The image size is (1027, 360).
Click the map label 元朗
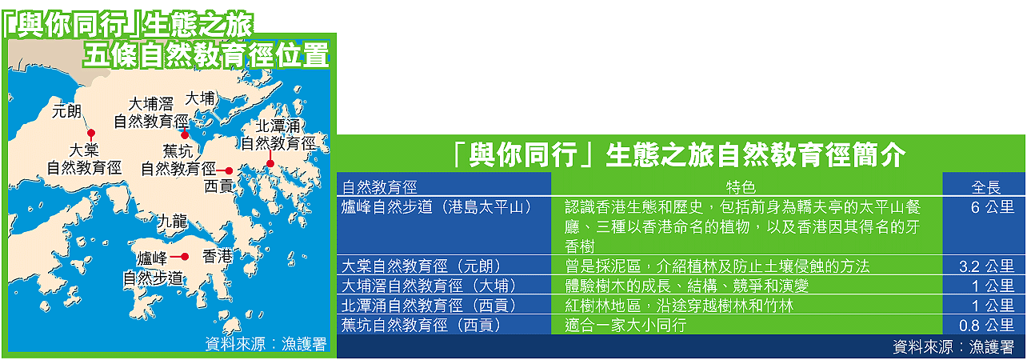click(66, 111)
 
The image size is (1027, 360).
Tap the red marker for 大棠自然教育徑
click(91, 134)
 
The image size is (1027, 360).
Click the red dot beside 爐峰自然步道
click(185, 257)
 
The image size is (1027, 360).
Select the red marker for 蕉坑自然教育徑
click(229, 171)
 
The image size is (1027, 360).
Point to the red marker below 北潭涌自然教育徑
click(270, 164)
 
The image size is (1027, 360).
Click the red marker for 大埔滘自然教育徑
click(185, 135)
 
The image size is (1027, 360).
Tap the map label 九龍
click(173, 222)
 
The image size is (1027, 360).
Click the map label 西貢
click(218, 186)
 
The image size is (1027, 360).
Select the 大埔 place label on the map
click(200, 98)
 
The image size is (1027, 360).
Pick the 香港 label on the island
click(218, 256)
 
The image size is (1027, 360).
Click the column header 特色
click(741, 187)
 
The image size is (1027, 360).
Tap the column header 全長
click(985, 187)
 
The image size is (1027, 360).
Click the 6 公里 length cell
click(992, 207)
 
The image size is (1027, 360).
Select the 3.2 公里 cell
click(986, 266)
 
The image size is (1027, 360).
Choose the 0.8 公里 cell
click(986, 326)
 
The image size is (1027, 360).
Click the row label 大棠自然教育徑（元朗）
click(422, 266)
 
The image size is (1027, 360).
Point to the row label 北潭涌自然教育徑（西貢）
click(430, 306)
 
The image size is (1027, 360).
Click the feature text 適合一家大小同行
click(625, 326)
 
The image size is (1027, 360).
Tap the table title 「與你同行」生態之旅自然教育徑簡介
click(678, 154)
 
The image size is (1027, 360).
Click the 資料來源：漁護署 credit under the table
click(953, 347)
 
